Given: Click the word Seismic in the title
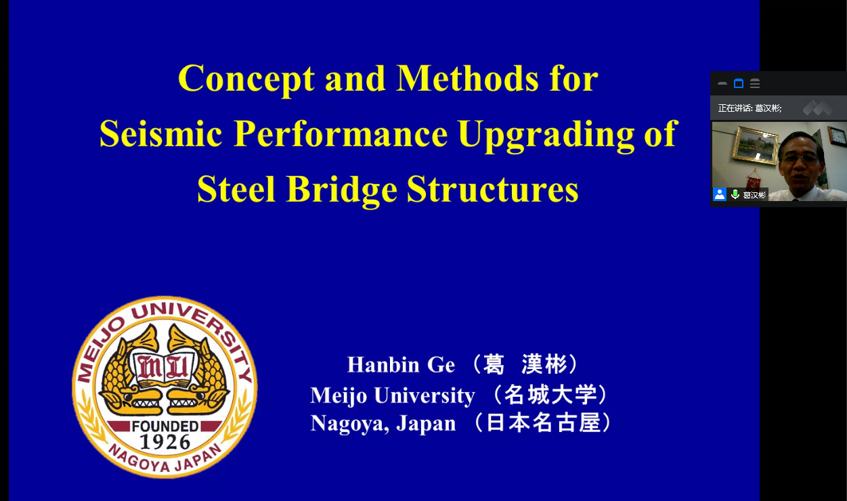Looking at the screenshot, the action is click(160, 134).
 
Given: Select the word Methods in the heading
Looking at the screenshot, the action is click(467, 79).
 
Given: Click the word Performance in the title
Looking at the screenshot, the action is click(341, 134).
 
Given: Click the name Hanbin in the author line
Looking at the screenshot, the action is click(383, 365).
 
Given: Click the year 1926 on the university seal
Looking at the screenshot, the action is click(165, 442).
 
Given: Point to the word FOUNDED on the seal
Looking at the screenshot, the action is click(165, 427).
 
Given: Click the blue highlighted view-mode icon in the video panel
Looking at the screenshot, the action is click(739, 83).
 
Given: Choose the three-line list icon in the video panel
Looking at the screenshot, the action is click(755, 83).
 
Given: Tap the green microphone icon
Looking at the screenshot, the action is click(735, 194).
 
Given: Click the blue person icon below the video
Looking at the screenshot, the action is click(720, 194).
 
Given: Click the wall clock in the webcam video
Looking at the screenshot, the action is click(838, 135).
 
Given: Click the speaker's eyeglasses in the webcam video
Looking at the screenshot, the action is click(802, 157).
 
